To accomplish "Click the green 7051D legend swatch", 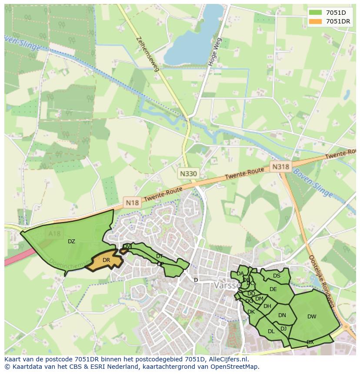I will (x=316, y=12).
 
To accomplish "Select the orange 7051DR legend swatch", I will (x=316, y=21).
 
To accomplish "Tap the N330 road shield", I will (x=188, y=173).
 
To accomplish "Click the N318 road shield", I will (x=280, y=166).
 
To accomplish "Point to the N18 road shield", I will (x=132, y=202).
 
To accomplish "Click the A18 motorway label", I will (x=55, y=234).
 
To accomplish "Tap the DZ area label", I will (x=71, y=242).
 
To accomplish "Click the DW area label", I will (x=312, y=317).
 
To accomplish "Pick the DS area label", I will (x=277, y=275).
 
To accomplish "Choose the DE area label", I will (x=273, y=289).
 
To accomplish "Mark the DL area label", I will (x=271, y=331).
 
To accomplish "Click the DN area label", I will (x=282, y=315).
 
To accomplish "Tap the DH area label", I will (x=267, y=306).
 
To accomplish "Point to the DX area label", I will (x=310, y=342).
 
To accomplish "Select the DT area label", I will (x=160, y=256).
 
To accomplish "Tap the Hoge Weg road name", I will (x=215, y=52).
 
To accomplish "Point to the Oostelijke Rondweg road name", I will (x=320, y=281).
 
